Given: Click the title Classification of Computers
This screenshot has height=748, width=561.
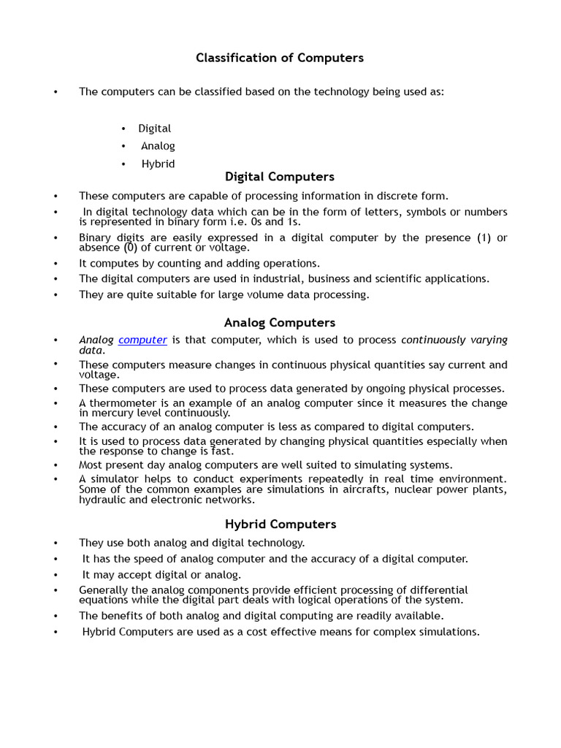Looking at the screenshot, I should (280, 58).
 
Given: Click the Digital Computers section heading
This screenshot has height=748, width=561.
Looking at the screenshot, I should (280, 177).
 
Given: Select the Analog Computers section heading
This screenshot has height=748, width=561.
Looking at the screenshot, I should (280, 323).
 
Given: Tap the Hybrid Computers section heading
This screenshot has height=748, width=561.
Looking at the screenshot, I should (280, 524).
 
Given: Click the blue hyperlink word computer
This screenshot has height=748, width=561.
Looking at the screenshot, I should (143, 340).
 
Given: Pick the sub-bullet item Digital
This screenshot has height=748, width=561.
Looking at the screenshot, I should (155, 129).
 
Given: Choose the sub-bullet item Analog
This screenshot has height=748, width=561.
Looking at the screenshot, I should (158, 146).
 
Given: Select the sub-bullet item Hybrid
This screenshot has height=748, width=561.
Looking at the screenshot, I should (158, 164).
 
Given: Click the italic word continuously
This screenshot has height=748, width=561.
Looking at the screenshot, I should (432, 340).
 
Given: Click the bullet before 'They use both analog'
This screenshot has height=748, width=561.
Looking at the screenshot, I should (55, 543).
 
